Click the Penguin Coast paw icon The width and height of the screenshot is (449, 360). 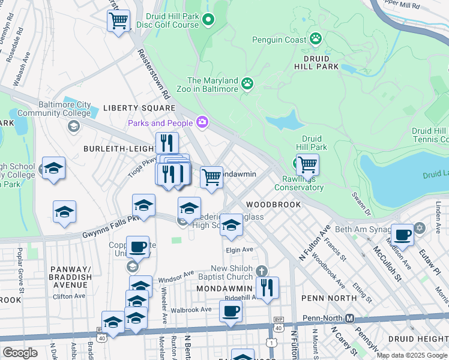(316, 39)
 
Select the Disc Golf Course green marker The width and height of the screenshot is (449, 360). (208, 20)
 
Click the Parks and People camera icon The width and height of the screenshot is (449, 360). (202, 123)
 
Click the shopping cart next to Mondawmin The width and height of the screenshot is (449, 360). (211, 178)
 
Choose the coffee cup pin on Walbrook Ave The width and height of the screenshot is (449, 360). (231, 310)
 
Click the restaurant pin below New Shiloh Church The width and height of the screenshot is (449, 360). (267, 286)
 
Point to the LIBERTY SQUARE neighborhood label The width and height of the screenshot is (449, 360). (139, 108)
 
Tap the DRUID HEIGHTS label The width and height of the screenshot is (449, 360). (422, 339)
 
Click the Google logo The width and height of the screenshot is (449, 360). (20, 353)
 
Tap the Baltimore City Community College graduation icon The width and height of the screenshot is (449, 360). (74, 125)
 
